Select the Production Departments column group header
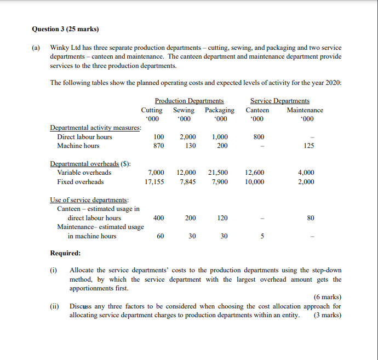[189, 101]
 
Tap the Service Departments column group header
[279, 101]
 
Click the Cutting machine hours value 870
[158, 146]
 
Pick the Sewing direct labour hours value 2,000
[187, 137]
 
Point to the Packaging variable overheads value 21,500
[218, 173]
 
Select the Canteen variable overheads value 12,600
[255, 173]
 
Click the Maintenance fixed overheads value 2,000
[306, 182]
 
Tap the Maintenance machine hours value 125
[310, 146]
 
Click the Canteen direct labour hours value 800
[259, 137]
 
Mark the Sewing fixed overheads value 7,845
[187, 182]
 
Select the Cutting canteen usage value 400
[158, 218]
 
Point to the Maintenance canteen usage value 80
[311, 218]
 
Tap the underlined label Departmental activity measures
[95, 128]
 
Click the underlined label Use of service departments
[89, 199]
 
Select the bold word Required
[65, 253]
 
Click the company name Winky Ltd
[65, 48]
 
